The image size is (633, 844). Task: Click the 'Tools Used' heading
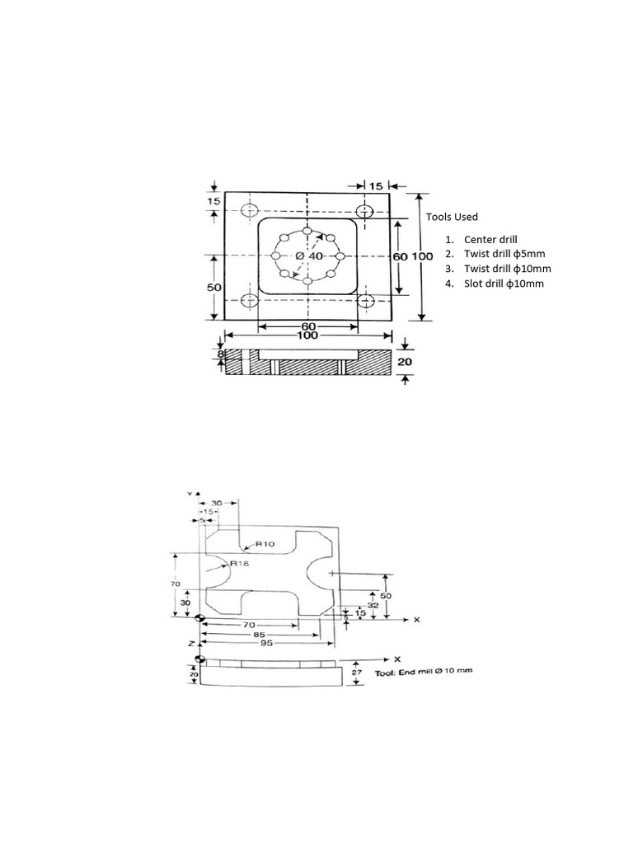click(x=452, y=217)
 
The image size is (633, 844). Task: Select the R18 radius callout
click(x=240, y=563)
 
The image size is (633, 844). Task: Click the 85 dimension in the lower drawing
click(x=259, y=635)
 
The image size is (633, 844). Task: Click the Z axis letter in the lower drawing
click(x=192, y=642)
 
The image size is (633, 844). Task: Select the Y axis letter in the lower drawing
click(x=190, y=492)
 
